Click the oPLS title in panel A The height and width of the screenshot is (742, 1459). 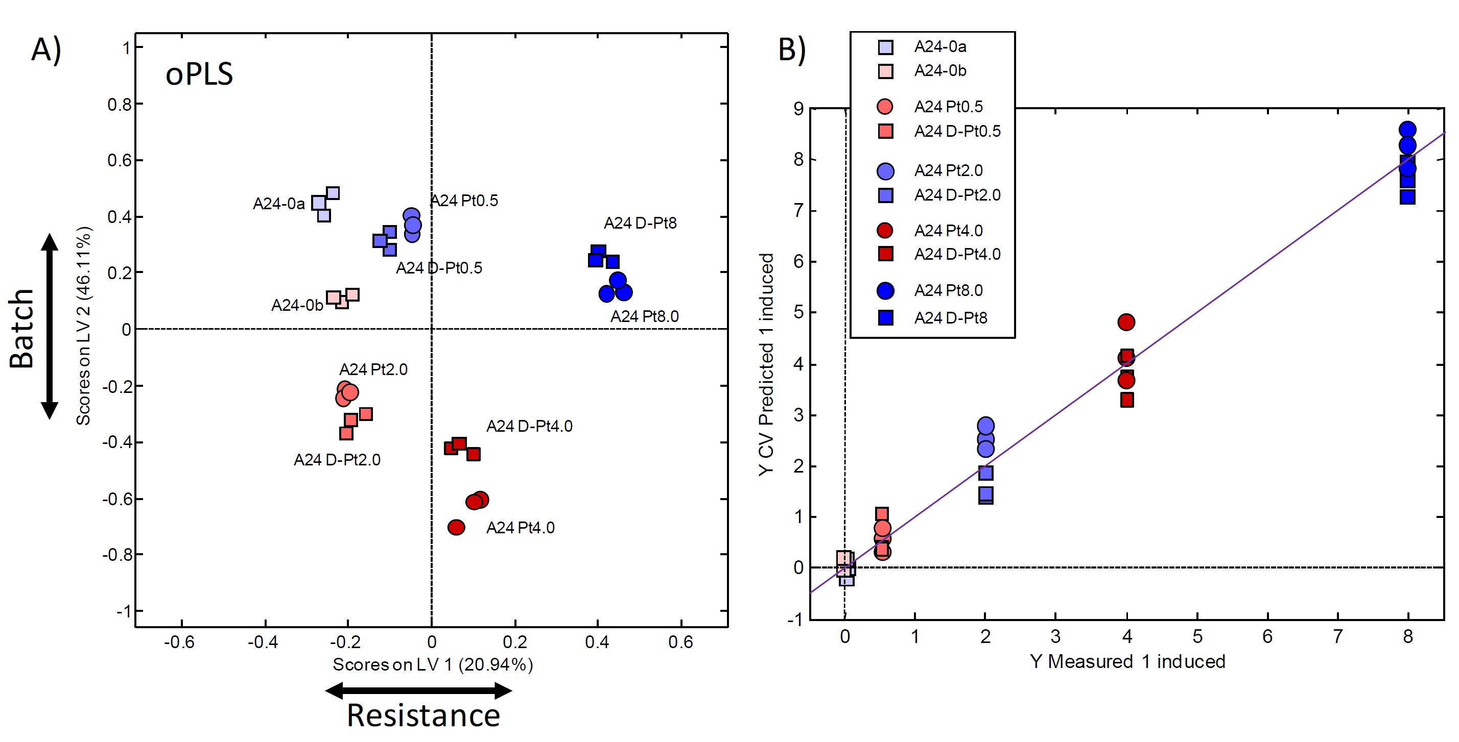point(199,74)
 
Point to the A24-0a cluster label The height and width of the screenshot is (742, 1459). point(278,203)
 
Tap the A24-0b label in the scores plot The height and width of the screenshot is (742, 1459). point(297,305)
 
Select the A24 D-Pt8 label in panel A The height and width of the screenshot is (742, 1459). point(640,223)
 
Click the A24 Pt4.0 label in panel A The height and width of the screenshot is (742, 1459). point(520,528)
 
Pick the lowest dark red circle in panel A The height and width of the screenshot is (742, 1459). point(456,528)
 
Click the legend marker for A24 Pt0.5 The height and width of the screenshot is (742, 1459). point(885,107)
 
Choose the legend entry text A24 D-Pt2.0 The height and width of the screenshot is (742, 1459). point(957,195)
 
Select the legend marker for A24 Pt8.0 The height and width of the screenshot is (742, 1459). point(885,291)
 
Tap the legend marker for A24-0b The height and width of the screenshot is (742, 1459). point(885,71)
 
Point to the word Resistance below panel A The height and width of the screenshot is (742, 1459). point(423,715)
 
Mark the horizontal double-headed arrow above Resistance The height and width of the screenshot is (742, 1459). point(418,690)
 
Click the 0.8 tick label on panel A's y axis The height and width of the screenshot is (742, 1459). point(119,105)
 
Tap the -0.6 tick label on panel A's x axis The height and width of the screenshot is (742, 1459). point(179,642)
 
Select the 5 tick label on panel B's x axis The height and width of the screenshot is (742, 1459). point(1197,637)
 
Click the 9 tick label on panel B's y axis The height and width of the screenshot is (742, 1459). point(798,109)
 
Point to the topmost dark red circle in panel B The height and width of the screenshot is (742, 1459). point(1126,322)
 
